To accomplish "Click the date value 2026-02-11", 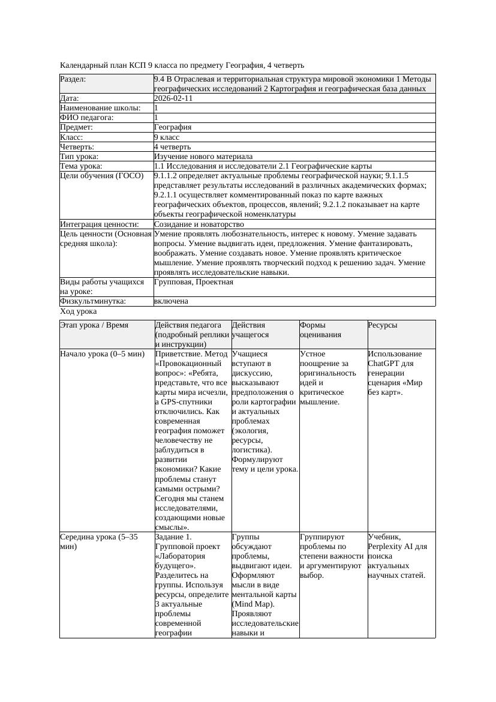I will (x=173, y=98).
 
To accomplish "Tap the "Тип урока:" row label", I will (x=79, y=156).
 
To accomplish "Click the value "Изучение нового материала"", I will (x=203, y=156).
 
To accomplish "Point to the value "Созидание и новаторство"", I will (x=199, y=224).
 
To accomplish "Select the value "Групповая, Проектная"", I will (x=193, y=282).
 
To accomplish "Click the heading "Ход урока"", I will (x=78, y=311).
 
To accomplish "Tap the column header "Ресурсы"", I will (x=383, y=325).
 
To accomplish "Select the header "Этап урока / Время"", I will (x=94, y=325).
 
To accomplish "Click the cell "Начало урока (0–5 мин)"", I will (x=102, y=354).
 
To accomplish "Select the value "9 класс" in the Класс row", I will (x=167, y=137).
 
